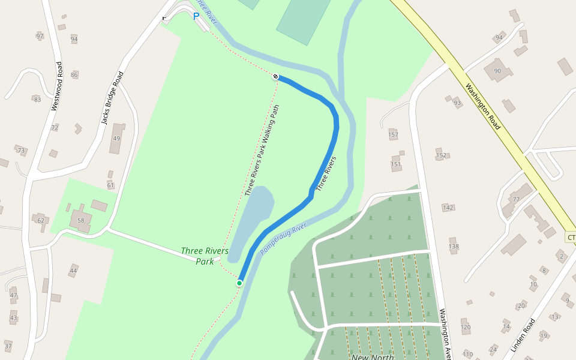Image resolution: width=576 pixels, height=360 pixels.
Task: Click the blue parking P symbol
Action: (196, 16)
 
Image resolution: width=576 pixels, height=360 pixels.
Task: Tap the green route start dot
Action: (239, 283)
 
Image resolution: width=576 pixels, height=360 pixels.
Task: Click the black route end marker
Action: (275, 76)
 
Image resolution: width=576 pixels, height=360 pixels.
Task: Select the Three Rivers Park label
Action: (205, 256)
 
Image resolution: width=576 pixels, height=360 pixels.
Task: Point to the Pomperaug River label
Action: (284, 238)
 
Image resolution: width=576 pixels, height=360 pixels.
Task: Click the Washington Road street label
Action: (482, 106)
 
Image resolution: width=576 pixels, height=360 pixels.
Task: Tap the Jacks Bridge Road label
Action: (112, 98)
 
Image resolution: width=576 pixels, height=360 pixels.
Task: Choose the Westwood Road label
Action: (56, 86)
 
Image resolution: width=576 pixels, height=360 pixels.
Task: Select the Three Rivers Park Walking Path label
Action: (262, 151)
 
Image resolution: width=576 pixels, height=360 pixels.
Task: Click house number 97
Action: (40, 37)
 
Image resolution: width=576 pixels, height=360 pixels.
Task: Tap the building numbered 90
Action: (497, 71)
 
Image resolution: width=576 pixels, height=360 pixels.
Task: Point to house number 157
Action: (393, 134)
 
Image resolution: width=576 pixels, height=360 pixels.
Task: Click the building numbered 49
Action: (116, 139)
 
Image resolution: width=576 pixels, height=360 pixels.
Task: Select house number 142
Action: (448, 208)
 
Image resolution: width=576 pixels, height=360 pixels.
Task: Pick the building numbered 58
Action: (81, 221)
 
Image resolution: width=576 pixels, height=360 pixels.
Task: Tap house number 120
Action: (466, 327)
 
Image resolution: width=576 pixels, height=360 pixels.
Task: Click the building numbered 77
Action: (515, 199)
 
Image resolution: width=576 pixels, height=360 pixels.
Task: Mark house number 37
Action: (8, 346)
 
